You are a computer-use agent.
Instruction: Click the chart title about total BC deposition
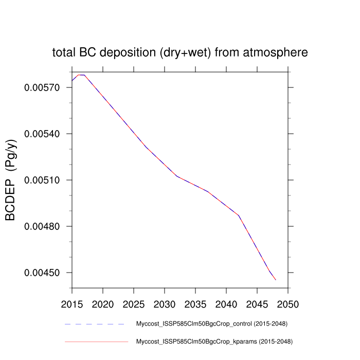(180, 52)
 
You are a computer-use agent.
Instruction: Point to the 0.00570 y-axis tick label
(42, 87)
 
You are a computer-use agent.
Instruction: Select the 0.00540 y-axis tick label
(42, 134)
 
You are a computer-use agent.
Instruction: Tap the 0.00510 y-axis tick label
(42, 180)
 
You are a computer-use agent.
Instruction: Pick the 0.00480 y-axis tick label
(42, 226)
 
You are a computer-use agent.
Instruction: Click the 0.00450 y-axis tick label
(42, 273)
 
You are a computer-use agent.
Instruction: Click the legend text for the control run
(211, 324)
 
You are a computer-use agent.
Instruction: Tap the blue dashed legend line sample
(95, 325)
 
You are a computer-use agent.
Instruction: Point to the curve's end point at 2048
(276, 280)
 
